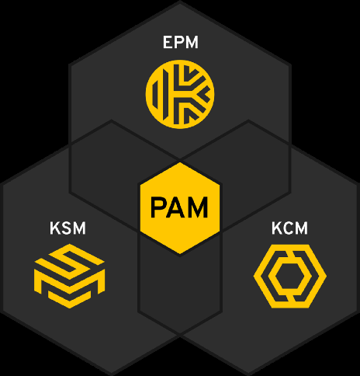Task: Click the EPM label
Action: (181, 42)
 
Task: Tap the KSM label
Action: (67, 228)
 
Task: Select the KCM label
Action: (289, 228)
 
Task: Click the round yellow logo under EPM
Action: (180, 94)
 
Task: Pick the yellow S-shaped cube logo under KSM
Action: (69, 276)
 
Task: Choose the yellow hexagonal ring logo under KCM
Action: (261, 277)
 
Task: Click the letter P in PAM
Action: (158, 207)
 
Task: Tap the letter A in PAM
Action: (175, 207)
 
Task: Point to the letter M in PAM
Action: (198, 207)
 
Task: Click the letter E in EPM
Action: (168, 42)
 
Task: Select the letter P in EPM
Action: (178, 42)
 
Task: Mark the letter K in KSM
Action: (55, 228)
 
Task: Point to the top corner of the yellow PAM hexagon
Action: (180, 163)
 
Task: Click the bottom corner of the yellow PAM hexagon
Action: (180, 254)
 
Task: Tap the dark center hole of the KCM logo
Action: (290, 277)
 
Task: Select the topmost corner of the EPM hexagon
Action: (180, 2)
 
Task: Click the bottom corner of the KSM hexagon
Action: (111, 374)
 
